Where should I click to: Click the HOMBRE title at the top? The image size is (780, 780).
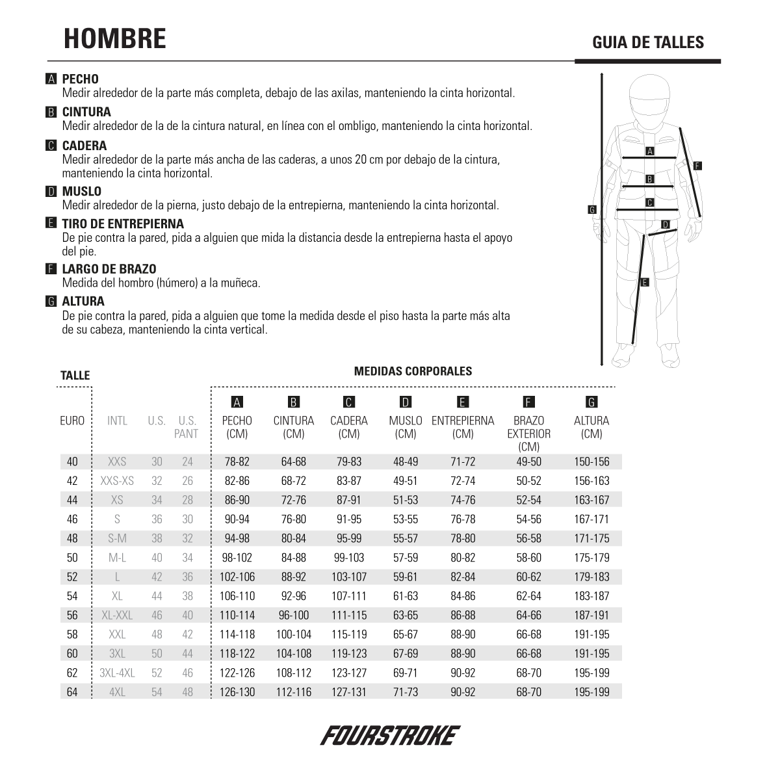click(114, 39)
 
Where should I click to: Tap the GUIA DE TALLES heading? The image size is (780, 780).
click(647, 43)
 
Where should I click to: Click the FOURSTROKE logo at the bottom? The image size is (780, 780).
click(390, 735)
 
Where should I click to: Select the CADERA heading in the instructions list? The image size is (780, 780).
click(84, 146)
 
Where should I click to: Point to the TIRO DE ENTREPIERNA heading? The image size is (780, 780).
click(123, 224)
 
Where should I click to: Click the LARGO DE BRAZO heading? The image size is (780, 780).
click(109, 269)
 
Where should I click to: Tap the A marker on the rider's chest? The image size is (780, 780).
click(649, 151)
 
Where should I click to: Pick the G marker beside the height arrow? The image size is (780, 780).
click(591, 209)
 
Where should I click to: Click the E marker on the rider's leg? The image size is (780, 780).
click(644, 282)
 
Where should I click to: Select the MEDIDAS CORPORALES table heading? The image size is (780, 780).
click(413, 371)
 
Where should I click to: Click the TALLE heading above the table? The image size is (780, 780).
click(75, 375)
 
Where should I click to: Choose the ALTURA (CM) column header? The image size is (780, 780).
click(591, 427)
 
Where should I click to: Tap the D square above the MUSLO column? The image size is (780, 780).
click(406, 402)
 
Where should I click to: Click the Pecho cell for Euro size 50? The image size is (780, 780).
click(237, 558)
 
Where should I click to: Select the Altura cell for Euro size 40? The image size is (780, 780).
click(591, 462)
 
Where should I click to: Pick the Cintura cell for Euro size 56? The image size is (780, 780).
click(294, 615)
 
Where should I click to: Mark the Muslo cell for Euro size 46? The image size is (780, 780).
click(406, 519)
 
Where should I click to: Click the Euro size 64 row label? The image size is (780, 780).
click(72, 692)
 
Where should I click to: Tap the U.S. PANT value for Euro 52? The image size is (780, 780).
click(187, 577)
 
